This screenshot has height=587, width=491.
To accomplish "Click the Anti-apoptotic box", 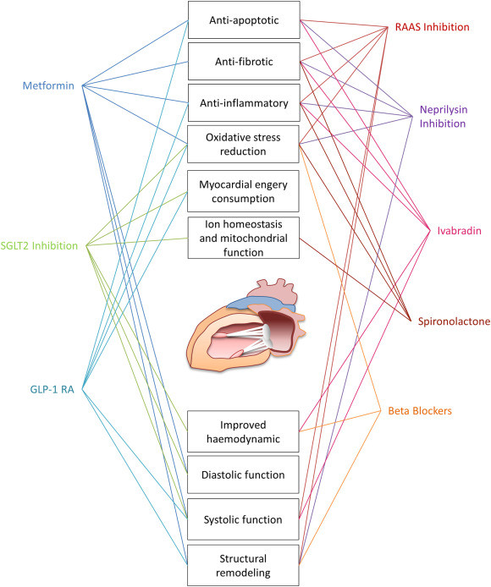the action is (x=244, y=19).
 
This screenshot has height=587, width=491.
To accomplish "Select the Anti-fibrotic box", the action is (x=244, y=62).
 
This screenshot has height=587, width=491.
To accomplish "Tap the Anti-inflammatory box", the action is (x=244, y=103).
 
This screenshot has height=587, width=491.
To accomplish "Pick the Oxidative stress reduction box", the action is (x=243, y=144).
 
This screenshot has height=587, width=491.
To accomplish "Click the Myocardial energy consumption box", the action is (x=243, y=191).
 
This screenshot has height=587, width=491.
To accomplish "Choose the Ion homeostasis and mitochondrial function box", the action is (x=243, y=238).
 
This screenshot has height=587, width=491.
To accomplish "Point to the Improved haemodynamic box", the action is (x=243, y=431).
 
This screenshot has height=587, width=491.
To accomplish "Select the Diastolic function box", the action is (x=243, y=475).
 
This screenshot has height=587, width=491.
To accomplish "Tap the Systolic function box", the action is (x=243, y=519).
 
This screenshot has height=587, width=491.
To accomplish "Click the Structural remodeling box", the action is (x=243, y=565).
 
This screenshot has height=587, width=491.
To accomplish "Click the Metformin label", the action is (x=48, y=85).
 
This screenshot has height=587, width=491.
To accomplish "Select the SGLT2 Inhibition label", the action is (x=39, y=245).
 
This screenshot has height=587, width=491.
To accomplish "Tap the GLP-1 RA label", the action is (x=52, y=389).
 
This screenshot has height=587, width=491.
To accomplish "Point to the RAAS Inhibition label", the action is (x=432, y=27).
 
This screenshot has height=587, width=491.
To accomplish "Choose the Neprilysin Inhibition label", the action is (x=444, y=117).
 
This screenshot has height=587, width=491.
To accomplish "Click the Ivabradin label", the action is (x=459, y=231).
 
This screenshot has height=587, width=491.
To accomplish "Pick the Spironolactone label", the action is (x=454, y=321).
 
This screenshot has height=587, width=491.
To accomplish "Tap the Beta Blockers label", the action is (x=420, y=411).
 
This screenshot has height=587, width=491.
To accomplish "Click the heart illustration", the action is (x=246, y=325).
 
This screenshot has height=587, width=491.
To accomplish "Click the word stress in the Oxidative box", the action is (x=267, y=137).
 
